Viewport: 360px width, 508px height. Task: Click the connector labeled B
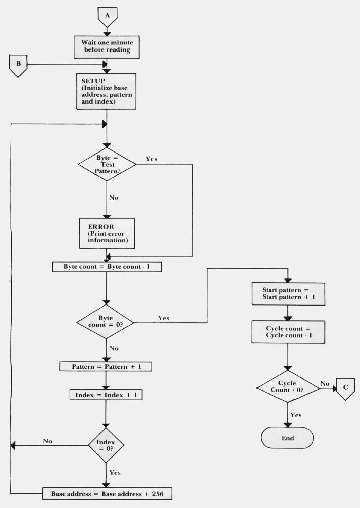click(18, 65)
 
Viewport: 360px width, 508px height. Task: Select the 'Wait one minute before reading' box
click(107, 46)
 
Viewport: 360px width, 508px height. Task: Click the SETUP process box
click(107, 91)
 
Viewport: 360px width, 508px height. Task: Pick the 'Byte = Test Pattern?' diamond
click(107, 165)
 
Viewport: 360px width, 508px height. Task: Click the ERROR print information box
click(107, 233)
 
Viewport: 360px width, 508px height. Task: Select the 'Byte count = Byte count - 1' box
click(107, 266)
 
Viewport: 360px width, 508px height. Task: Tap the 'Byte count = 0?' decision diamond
click(107, 320)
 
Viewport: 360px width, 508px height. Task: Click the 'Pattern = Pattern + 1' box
click(107, 366)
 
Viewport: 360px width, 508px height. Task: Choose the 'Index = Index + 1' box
click(107, 395)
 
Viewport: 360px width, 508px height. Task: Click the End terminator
click(287, 437)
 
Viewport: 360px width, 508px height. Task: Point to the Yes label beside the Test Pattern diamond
click(151, 159)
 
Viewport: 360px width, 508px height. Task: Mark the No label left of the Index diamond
click(48, 441)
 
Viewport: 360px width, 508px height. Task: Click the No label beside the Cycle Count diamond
click(326, 383)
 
